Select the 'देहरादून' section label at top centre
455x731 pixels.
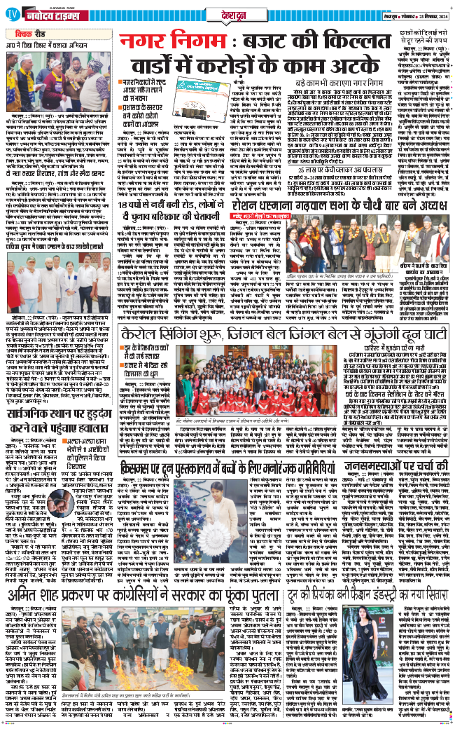[x=228, y=13]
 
